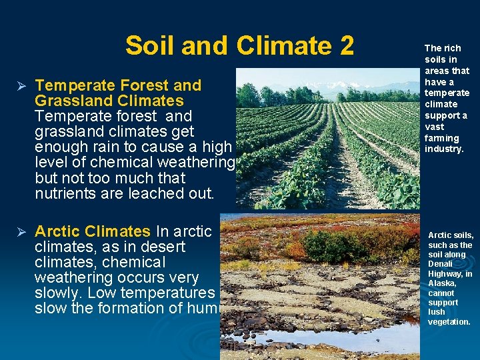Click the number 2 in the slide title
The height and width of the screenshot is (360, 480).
pyautogui.click(x=345, y=46)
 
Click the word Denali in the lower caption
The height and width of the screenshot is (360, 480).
pyautogui.click(x=441, y=264)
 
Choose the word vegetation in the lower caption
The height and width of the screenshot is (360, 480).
pyautogui.click(x=449, y=322)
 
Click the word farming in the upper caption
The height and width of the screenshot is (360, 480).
pyautogui.click(x=441, y=138)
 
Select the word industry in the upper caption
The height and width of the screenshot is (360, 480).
pyautogui.click(x=444, y=149)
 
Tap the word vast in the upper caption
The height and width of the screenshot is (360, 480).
pyautogui.click(x=434, y=127)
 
